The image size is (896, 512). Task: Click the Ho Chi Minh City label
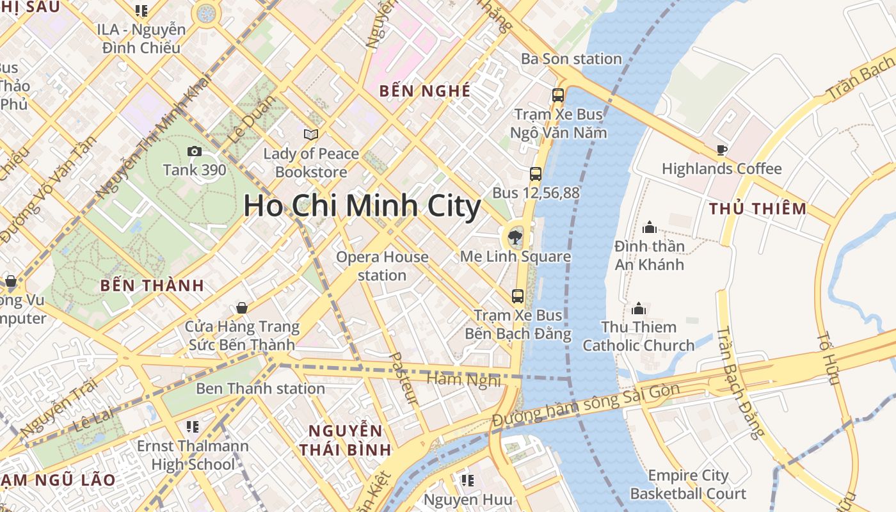point(362,206)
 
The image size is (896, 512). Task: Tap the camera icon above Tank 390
point(195,152)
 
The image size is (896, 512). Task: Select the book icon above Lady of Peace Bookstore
point(311,134)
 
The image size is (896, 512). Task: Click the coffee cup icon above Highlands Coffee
point(722,150)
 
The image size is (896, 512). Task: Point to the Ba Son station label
point(572,59)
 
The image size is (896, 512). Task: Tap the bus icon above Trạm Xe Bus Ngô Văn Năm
point(558,95)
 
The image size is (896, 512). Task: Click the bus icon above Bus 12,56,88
point(536,173)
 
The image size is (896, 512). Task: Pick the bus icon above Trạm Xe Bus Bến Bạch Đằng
point(518,296)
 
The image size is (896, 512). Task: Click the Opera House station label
point(382,266)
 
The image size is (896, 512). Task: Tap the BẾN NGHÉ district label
point(425,91)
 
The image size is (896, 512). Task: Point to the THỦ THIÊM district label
point(758,209)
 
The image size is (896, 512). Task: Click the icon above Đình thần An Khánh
point(650,227)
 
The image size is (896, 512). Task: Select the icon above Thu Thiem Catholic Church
point(639,309)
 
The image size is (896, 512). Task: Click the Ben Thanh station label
point(260,388)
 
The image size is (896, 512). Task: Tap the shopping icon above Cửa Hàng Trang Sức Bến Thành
point(242,308)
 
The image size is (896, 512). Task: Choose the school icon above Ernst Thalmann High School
point(193,426)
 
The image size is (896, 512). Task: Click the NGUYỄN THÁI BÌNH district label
point(345,440)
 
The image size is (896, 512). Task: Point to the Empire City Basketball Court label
point(688,484)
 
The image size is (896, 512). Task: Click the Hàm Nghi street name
point(463,380)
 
